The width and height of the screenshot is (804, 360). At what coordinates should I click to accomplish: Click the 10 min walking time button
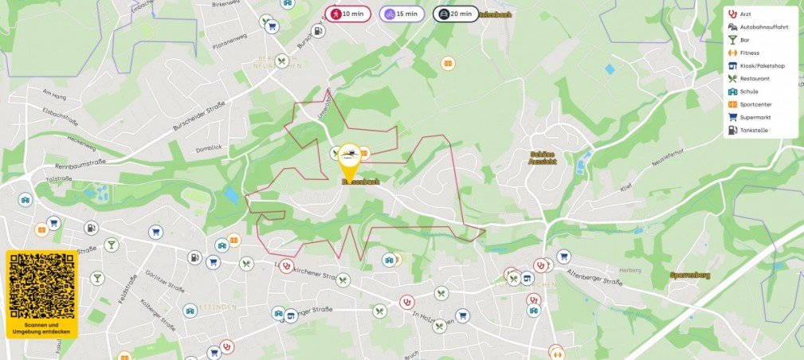click(347, 14)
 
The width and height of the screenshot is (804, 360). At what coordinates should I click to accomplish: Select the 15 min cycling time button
click(402, 14)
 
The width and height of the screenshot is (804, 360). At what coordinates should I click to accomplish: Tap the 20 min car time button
click(456, 14)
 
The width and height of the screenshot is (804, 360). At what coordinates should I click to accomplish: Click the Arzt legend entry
click(745, 14)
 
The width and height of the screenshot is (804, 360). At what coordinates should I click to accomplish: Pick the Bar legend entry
click(744, 39)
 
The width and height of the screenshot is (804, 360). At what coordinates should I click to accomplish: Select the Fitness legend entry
click(748, 53)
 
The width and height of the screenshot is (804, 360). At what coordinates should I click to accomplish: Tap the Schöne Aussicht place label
click(543, 157)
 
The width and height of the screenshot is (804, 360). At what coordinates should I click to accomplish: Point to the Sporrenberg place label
click(690, 276)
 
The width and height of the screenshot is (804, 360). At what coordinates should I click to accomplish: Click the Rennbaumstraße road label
click(37, 166)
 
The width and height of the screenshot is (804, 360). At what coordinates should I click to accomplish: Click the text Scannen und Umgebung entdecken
click(42, 327)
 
